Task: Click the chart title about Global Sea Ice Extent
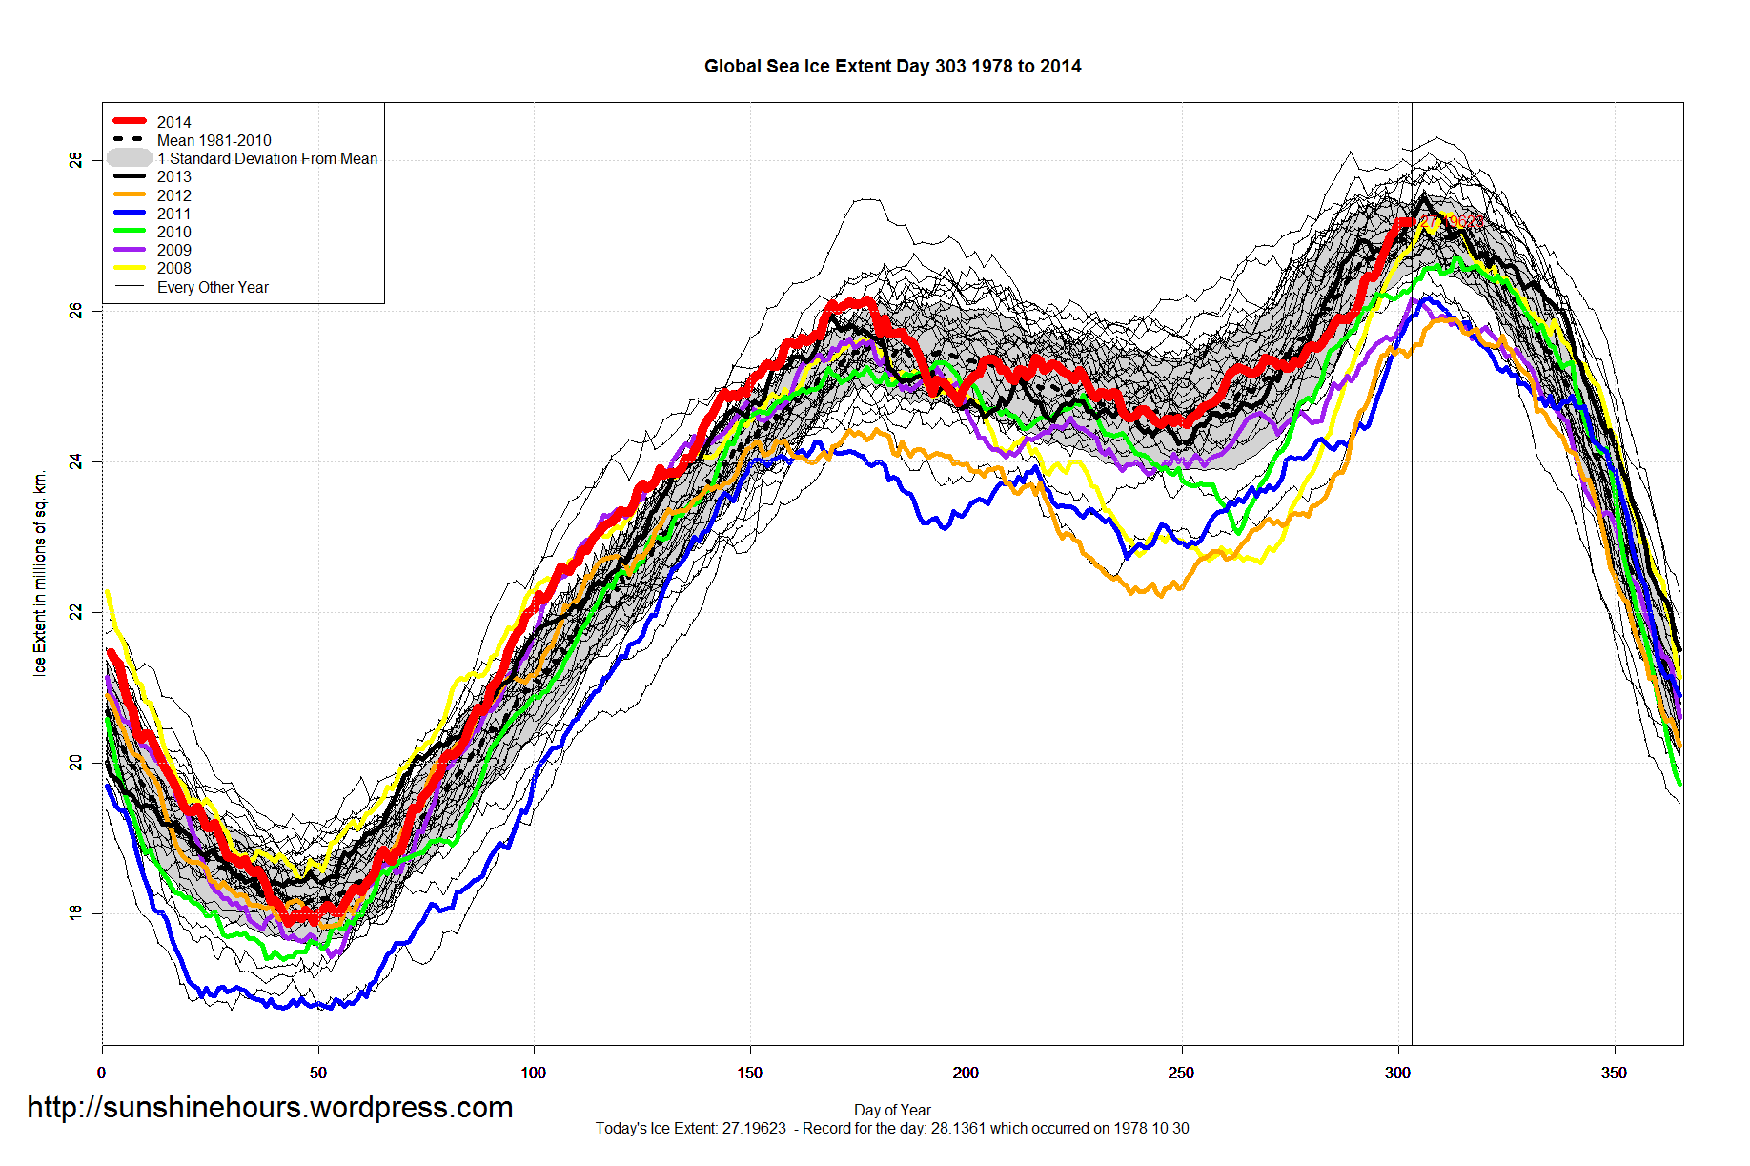coord(892,67)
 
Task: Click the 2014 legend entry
coord(173,122)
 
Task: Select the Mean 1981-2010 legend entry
coord(214,140)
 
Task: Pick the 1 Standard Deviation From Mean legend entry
coord(267,158)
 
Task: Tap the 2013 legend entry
coord(173,176)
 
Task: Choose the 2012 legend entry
coord(173,195)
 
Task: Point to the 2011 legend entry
coord(173,214)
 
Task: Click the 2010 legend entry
coord(173,232)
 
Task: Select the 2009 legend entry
coord(173,250)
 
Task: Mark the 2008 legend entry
coord(173,268)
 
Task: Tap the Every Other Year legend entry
coord(213,287)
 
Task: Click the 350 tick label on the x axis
coord(1614,1074)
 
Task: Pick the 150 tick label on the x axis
coord(749,1074)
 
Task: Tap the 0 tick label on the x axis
coord(102,1074)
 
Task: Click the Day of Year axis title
coord(892,1110)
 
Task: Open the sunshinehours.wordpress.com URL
coord(270,1107)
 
